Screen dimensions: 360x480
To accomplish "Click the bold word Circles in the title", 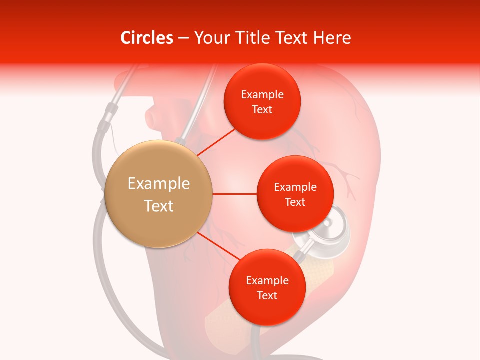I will (146, 38).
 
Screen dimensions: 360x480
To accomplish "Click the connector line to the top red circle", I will (216, 142).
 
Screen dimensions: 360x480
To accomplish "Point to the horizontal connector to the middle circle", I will (234, 194).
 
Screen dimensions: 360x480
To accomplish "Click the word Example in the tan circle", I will (159, 184).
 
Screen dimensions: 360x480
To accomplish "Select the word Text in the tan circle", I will (159, 206).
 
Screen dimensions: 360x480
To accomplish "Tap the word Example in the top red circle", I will (262, 95).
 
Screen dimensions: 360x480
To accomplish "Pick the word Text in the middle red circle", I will (295, 202).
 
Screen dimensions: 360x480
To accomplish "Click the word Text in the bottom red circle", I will (267, 295).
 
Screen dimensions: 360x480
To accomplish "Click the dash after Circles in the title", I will (183, 38).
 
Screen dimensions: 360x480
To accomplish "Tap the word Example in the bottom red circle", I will (267, 280).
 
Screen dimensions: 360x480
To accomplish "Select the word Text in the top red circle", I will (262, 109).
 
